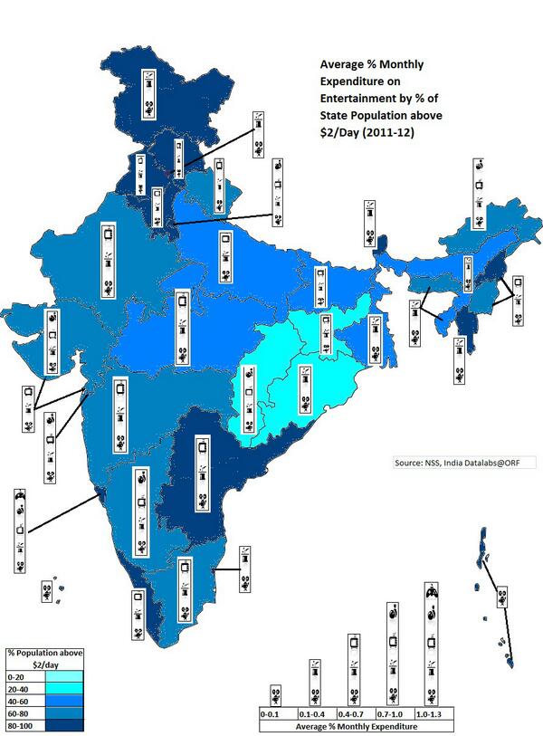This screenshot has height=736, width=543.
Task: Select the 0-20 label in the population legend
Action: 16,675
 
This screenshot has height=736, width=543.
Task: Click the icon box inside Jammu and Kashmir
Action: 151,95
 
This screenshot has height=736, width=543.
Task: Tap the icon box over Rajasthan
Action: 108,257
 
